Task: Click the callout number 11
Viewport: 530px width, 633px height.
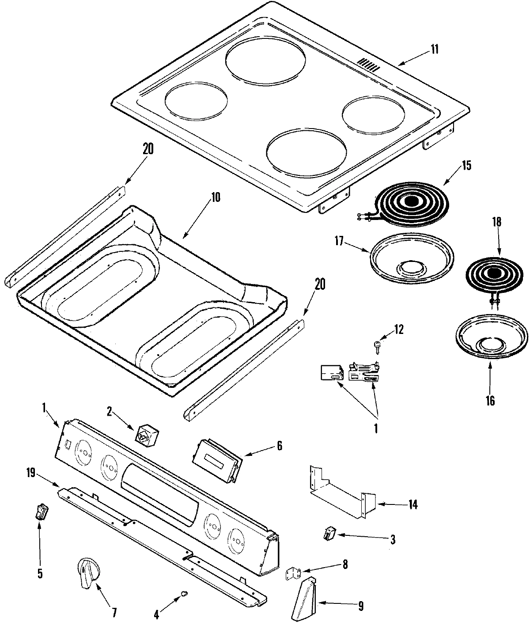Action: (435, 49)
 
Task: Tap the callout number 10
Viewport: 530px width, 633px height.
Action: (215, 197)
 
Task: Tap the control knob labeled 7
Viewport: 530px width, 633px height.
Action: (88, 572)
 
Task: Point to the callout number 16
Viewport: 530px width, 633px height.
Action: (490, 401)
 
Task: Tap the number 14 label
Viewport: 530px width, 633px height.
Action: (413, 504)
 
